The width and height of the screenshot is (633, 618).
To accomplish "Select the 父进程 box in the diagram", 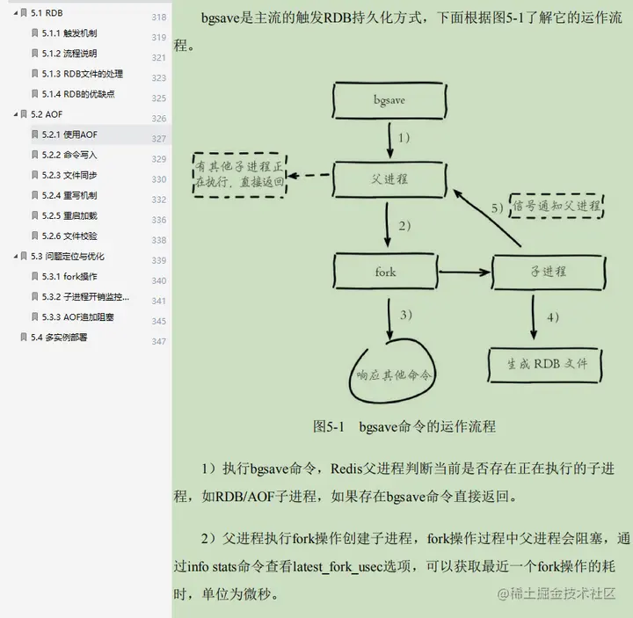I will click(x=388, y=178).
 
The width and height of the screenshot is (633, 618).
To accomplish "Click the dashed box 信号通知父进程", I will click(x=556, y=207).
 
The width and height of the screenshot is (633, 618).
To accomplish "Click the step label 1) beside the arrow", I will click(x=404, y=138).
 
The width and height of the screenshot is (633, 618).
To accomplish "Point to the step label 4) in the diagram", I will click(x=552, y=316).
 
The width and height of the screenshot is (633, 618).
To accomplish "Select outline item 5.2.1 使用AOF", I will click(x=69, y=135).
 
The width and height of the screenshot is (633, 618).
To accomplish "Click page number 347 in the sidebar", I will click(x=158, y=341).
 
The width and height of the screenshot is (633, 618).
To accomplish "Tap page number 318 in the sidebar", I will click(x=158, y=18).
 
